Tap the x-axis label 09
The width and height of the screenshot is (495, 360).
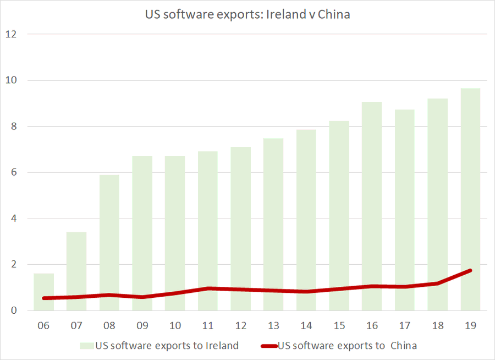click(142, 326)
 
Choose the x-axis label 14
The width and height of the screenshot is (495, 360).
click(306, 326)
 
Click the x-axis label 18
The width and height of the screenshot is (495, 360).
click(437, 326)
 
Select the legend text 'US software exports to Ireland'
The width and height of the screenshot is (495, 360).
click(167, 346)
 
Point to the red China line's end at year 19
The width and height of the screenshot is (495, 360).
click(470, 271)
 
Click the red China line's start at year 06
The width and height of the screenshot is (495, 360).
click(44, 298)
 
